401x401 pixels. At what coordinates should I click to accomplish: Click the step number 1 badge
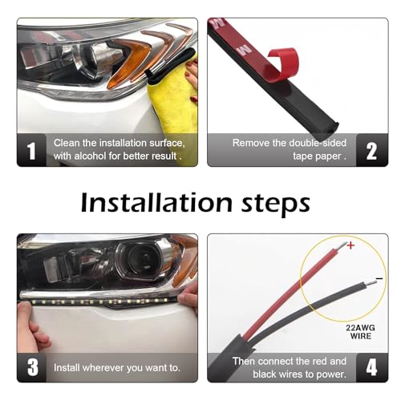click(32, 150)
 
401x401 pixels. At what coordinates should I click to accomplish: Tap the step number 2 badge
click(371, 150)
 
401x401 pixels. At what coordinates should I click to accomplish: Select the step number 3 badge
click(32, 367)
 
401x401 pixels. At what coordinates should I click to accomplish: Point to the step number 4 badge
click(371, 367)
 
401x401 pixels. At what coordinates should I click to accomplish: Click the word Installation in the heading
click(156, 202)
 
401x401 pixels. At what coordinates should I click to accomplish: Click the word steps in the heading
click(276, 204)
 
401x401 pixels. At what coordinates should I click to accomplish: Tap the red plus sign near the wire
click(350, 245)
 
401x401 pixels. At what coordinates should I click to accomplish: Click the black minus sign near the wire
click(379, 279)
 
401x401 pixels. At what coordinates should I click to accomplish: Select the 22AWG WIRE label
click(361, 332)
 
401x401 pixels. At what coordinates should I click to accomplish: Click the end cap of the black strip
click(332, 127)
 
